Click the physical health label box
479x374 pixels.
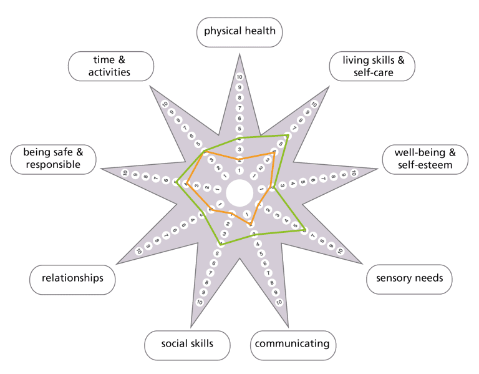[239, 32]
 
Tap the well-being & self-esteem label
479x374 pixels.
[425, 159]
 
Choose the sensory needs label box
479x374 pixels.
[409, 278]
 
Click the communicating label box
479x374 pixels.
[293, 343]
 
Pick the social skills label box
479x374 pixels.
[187, 343]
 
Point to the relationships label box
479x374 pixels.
[72, 278]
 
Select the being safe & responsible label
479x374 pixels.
[54, 159]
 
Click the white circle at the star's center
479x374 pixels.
[239, 193]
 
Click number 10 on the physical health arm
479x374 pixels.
[239, 77]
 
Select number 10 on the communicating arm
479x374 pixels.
[279, 302]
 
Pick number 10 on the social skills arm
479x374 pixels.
[200, 302]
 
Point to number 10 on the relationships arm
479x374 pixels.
[139, 251]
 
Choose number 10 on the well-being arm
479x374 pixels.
[354, 173]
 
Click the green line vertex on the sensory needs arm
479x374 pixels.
[304, 230]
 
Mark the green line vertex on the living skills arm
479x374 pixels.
[287, 135]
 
